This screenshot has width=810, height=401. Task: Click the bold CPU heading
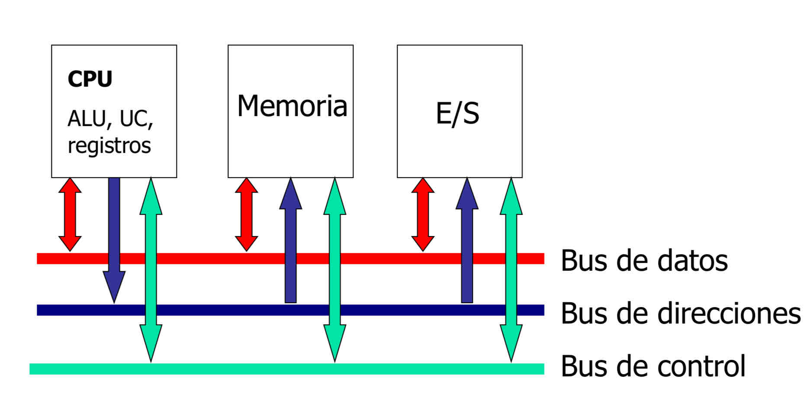pyautogui.click(x=90, y=79)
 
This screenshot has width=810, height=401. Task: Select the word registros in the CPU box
pyautogui.click(x=109, y=146)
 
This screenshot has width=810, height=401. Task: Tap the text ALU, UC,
pyautogui.click(x=110, y=118)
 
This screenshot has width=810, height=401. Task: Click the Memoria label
pyautogui.click(x=292, y=106)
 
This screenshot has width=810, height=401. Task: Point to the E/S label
pyautogui.click(x=457, y=113)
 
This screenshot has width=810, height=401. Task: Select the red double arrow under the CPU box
pyautogui.click(x=70, y=214)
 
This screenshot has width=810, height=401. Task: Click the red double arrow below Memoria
pyautogui.click(x=247, y=214)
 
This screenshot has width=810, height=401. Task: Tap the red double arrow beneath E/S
pyautogui.click(x=423, y=214)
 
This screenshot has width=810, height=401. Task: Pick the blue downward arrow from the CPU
pyautogui.click(x=114, y=234)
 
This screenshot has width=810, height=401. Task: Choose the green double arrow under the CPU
pyautogui.click(x=151, y=268)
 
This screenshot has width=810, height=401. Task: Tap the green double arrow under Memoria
pyautogui.click(x=335, y=268)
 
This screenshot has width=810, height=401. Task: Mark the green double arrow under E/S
pyautogui.click(x=511, y=268)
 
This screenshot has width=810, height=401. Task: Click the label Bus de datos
pyautogui.click(x=644, y=260)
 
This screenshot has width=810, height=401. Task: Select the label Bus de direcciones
pyautogui.click(x=680, y=313)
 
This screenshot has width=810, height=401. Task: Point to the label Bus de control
pyautogui.click(x=652, y=366)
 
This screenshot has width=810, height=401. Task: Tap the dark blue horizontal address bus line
pyautogui.click(x=216, y=310)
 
